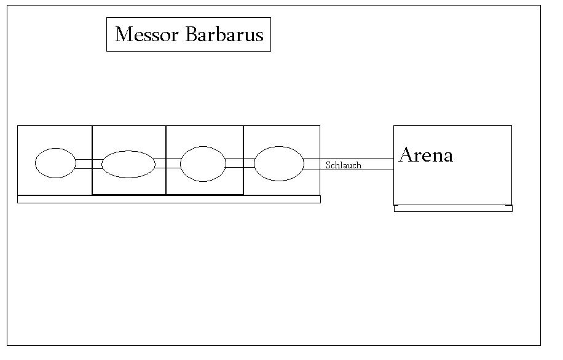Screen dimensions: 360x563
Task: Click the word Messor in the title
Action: point(148,34)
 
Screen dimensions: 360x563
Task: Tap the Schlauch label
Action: point(344,165)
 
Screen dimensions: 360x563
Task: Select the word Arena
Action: point(426,155)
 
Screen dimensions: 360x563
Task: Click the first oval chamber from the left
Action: point(55,163)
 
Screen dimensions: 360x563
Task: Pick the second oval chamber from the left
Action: point(128,164)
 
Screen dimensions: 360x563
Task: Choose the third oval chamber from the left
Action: point(203,164)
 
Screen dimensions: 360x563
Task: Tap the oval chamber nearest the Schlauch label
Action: point(279,163)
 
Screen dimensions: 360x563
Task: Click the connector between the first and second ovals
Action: point(89,164)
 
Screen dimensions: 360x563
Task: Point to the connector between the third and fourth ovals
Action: point(240,163)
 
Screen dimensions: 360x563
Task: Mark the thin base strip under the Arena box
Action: point(453,208)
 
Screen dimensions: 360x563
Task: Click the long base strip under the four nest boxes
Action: point(169,199)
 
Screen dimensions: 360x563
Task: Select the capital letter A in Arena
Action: point(406,155)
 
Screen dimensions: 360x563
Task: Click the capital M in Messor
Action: point(124,34)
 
